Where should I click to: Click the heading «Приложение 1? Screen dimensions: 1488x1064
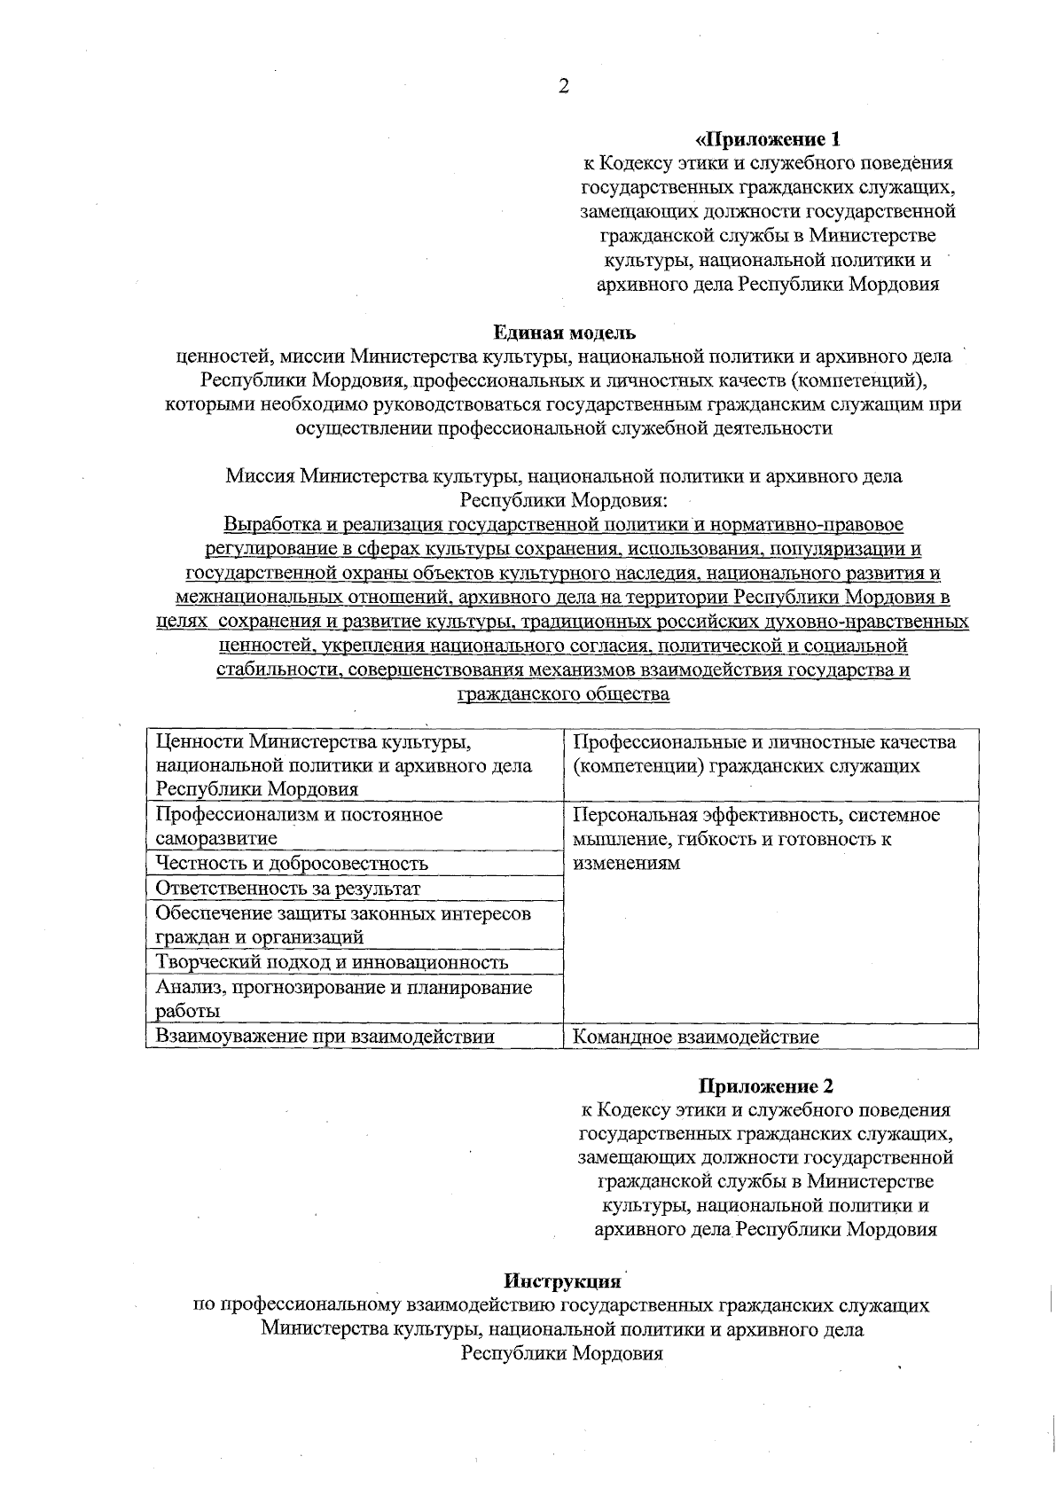pos(767,139)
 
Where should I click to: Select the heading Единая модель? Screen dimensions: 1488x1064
pos(564,333)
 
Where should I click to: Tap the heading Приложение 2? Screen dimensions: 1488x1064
pos(766,1085)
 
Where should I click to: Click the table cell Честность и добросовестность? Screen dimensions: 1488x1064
pos(292,863)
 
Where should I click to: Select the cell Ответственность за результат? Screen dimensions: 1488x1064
pos(287,888)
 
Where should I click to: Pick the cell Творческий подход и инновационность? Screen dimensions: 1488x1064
pos(332,962)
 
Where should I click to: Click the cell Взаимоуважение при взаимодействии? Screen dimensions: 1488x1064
pos(325,1036)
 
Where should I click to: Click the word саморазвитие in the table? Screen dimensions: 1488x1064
pos(216,838)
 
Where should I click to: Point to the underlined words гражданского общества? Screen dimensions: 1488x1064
pos(562,694)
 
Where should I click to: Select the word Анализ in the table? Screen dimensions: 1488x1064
pos(184,987)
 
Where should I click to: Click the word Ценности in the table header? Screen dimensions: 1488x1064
pos(199,740)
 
